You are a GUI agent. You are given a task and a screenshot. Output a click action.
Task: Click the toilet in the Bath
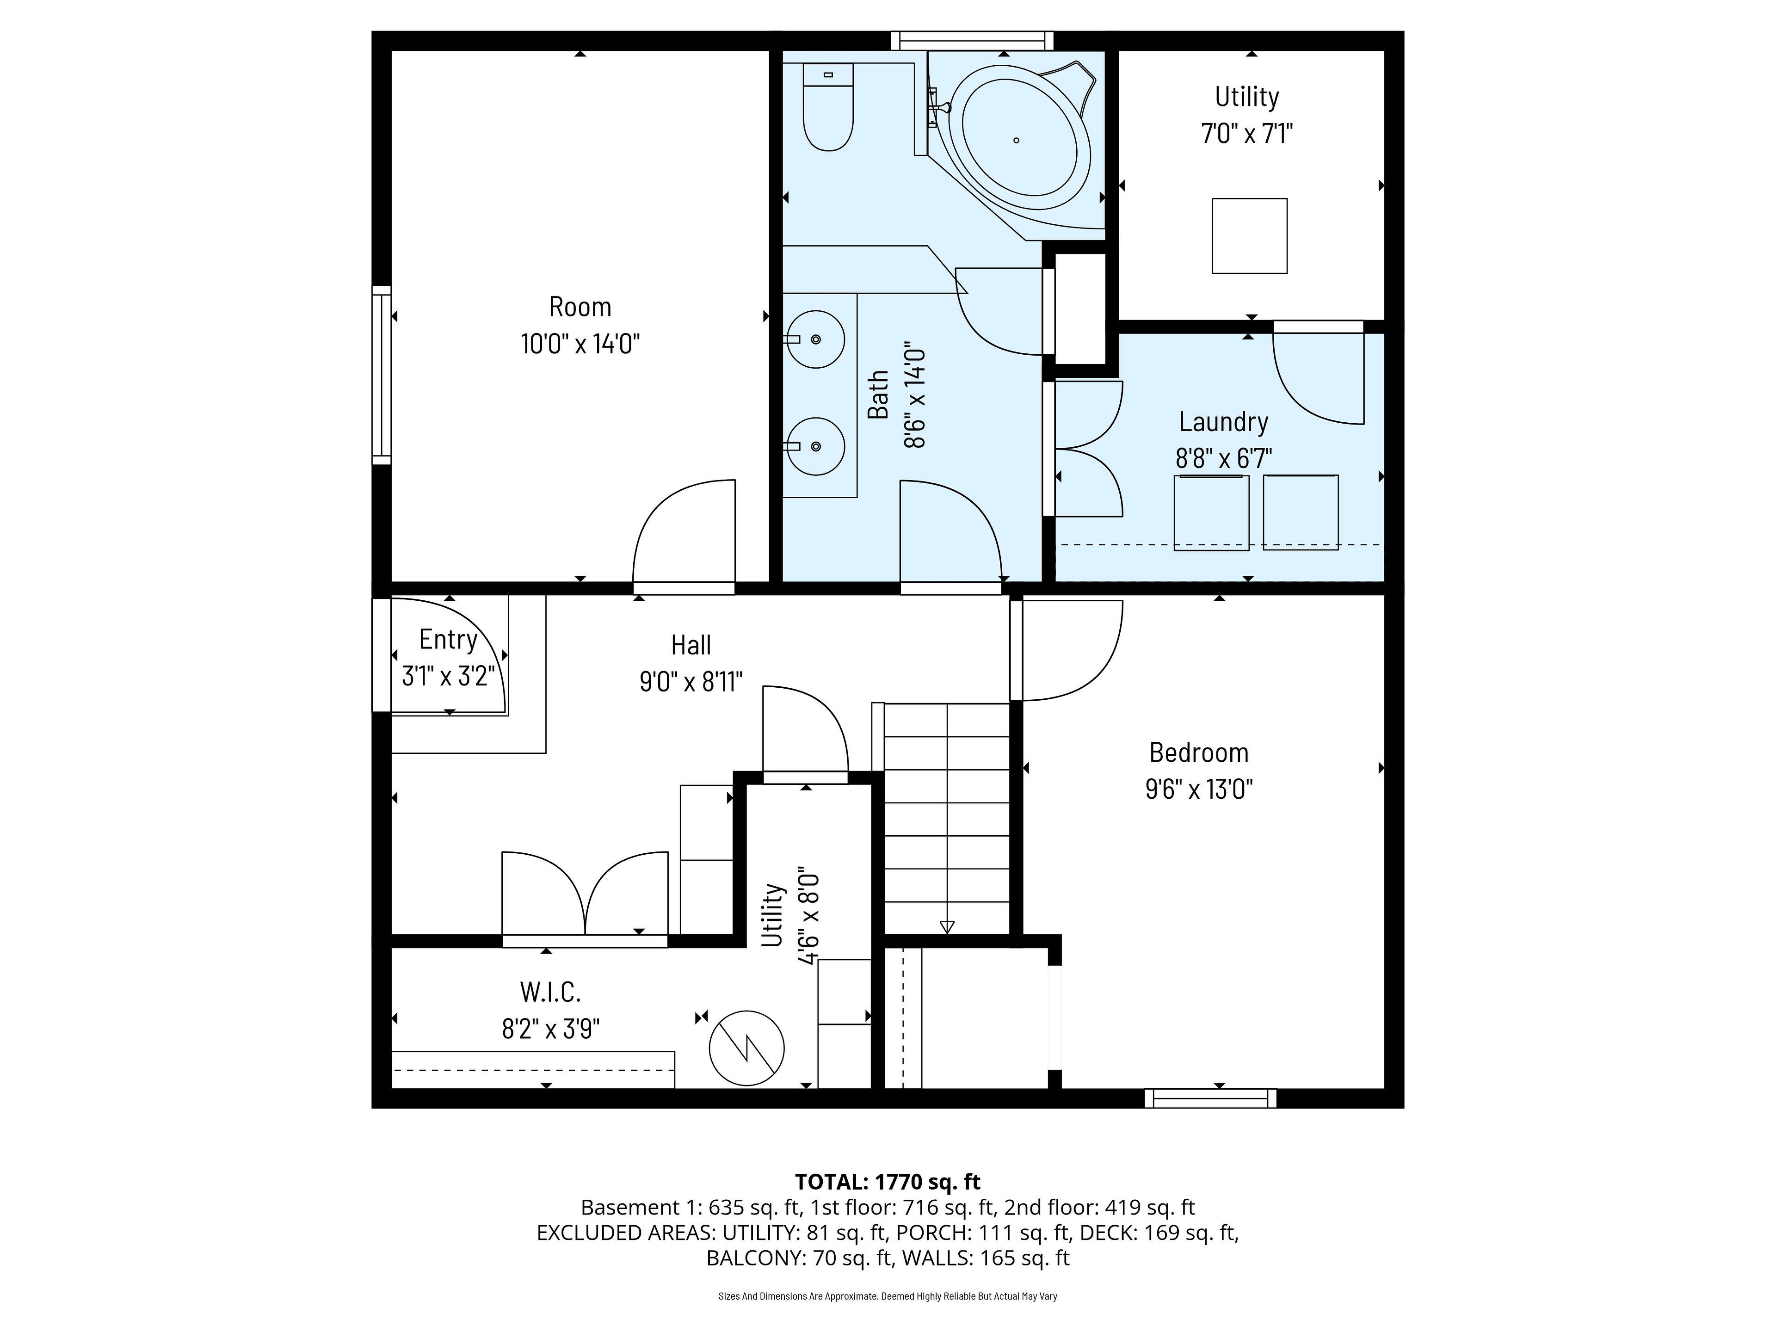(x=828, y=107)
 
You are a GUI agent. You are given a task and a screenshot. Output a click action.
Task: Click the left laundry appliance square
(x=1212, y=512)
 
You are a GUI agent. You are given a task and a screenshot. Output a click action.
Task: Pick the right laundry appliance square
(x=1301, y=512)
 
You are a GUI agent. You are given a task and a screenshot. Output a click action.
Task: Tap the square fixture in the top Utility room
(x=1249, y=236)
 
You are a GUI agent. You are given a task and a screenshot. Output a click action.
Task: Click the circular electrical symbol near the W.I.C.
(x=746, y=1048)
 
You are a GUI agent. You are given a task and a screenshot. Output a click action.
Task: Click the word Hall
(x=691, y=645)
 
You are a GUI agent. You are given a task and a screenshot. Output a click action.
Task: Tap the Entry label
(x=448, y=639)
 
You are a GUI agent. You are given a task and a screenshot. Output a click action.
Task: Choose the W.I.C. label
(x=550, y=993)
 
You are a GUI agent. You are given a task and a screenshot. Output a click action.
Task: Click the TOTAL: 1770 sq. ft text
(x=887, y=1182)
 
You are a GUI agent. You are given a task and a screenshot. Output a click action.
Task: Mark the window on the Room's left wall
(x=382, y=375)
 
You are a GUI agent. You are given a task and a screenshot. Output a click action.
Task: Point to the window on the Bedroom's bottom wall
(x=1210, y=1098)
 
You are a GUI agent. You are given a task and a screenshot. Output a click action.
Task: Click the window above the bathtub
(x=972, y=40)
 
